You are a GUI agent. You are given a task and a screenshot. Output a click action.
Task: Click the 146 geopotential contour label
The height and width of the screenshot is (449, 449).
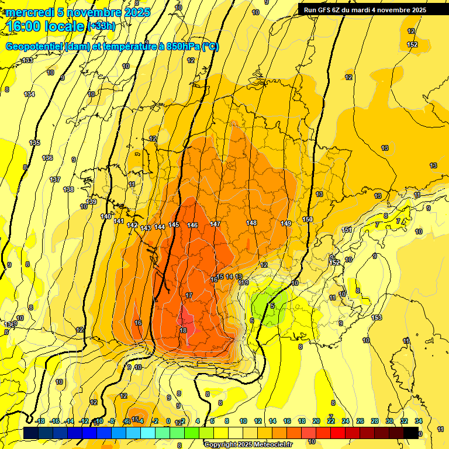192,225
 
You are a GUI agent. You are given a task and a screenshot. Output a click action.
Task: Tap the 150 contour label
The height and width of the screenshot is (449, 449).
308,219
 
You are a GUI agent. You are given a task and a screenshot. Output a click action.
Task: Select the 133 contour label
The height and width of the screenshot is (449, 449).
27,61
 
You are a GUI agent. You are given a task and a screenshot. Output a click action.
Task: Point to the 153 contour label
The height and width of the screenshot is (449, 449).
377,317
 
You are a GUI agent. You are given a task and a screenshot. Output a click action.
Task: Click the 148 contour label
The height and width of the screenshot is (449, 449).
251,223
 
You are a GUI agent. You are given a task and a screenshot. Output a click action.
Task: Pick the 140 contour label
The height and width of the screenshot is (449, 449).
105,216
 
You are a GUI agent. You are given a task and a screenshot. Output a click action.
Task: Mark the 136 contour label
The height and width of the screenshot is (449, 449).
47,158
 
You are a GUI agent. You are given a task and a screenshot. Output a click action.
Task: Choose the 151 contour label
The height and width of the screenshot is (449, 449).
347,230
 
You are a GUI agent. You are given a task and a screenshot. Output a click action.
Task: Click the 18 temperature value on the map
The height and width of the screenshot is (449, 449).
183,330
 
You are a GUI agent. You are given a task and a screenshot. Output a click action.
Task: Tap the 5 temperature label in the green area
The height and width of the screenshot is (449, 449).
272,306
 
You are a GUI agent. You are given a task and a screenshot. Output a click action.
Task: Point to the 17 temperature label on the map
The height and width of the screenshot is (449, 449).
189,295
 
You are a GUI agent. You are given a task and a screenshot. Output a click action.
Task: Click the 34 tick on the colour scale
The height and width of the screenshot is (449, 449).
419,421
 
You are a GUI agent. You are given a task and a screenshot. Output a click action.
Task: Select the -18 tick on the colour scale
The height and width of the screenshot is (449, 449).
40,421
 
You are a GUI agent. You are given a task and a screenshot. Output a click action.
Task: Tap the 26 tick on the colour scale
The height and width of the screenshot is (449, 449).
360,421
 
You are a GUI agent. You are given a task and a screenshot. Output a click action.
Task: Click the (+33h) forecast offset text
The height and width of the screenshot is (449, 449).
102,26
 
